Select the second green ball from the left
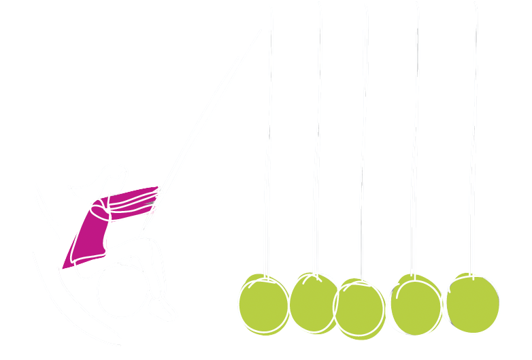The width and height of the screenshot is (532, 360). pos(314,303)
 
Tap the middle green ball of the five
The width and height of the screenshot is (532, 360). pos(360,309)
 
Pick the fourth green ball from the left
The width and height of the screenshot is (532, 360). pos(414,306)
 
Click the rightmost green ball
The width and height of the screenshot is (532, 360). pos(473,304)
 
